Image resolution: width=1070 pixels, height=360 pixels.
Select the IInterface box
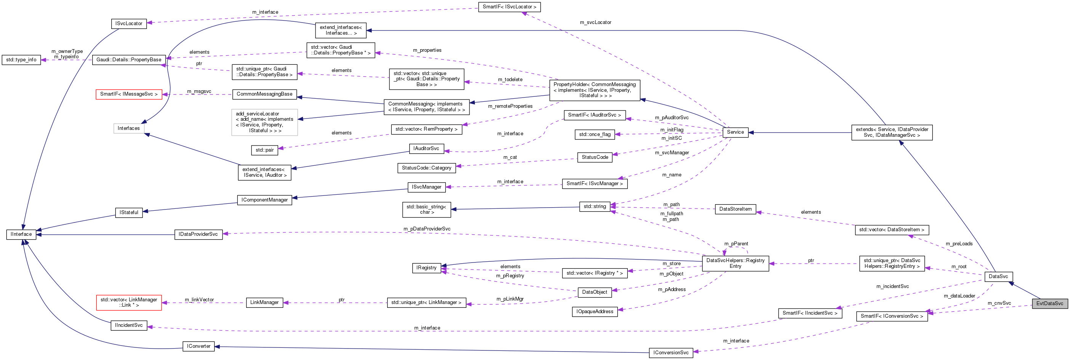pyautogui.click(x=21, y=234)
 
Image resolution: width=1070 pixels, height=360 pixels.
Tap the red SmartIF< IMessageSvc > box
pyautogui.click(x=129, y=94)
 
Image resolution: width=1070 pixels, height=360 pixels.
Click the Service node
pyautogui.click(x=735, y=132)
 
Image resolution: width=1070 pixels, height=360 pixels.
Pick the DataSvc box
pyautogui.click(x=998, y=277)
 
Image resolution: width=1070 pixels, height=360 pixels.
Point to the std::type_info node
pyautogui.click(x=21, y=60)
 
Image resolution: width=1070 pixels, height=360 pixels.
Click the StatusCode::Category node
pyautogui.click(x=426, y=168)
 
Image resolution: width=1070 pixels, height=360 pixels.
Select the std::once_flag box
pyautogui.click(x=595, y=134)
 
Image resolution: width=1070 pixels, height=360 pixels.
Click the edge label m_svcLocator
pyautogui.click(x=595, y=22)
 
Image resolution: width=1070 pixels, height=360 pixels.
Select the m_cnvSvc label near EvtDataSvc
pyautogui.click(x=999, y=303)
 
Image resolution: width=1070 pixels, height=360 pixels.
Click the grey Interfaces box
pyautogui.click(x=129, y=128)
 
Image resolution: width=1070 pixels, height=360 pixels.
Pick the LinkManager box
pyautogui.click(x=264, y=303)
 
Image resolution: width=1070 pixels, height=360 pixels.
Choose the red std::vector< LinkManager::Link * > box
pyautogui.click(x=129, y=303)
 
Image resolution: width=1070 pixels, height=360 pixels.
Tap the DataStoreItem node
pyautogui.click(x=735, y=209)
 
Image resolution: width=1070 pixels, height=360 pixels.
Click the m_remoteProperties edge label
pyautogui.click(x=510, y=106)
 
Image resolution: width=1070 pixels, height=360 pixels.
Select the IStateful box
pyautogui.click(x=129, y=213)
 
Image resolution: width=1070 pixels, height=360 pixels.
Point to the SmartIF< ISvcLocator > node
pyautogui.click(x=509, y=7)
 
